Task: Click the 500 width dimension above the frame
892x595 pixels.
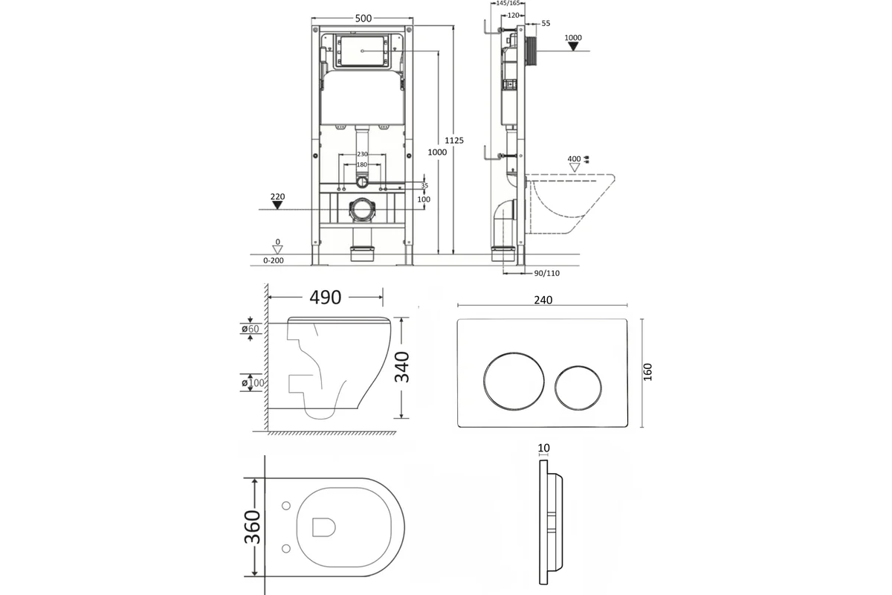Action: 363,19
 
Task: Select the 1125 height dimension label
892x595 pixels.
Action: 454,141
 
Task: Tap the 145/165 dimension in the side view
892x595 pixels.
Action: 508,3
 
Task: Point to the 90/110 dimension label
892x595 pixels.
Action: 547,274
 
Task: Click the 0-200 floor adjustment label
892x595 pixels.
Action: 274,260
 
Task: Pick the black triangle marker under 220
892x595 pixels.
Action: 277,205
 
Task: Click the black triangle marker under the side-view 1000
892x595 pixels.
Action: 573,47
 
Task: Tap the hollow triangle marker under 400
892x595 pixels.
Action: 574,168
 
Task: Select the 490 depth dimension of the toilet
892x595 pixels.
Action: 326,297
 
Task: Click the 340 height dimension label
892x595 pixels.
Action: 402,367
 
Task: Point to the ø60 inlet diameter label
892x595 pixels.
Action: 250,329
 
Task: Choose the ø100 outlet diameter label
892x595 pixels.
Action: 253,383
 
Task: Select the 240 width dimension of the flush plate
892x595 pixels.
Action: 543,300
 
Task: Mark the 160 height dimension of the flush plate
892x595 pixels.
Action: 648,372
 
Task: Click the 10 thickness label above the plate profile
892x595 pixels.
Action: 543,448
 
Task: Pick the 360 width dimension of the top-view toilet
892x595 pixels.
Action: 252,527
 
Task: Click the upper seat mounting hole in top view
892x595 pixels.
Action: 286,506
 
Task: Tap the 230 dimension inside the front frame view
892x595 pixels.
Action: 362,154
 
